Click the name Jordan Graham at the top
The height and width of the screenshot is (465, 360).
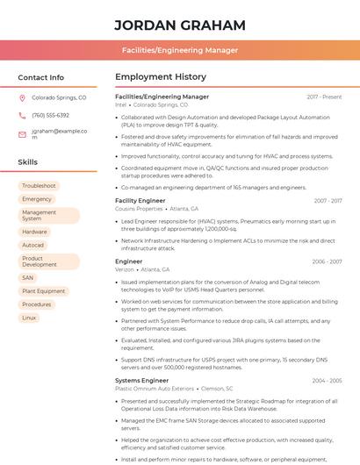[x=180, y=25]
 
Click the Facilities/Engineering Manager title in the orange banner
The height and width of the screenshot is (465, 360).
[x=180, y=51]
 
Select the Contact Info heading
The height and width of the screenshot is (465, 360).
[x=41, y=77]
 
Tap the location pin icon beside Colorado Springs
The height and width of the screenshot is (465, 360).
[x=22, y=98]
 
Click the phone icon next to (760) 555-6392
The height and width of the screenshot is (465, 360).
[x=22, y=116]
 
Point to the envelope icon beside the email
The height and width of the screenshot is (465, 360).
[x=22, y=133]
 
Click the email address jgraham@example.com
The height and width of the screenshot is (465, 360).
[x=60, y=133]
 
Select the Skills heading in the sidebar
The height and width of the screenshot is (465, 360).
[x=28, y=162]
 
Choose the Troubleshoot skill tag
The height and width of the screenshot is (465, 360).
[x=39, y=186]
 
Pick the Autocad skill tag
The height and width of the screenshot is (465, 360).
[x=33, y=245]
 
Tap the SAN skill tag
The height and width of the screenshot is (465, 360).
[x=28, y=277]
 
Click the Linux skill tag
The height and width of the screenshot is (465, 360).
[x=30, y=318]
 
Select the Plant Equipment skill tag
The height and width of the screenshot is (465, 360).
[x=44, y=291]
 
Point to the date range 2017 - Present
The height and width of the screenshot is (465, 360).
[x=324, y=97]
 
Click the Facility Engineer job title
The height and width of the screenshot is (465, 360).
[x=140, y=201]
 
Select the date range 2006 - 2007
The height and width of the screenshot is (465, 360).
[x=326, y=261]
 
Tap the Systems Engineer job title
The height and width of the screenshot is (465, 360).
[x=141, y=381]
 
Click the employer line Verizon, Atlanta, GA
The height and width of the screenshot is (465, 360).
[x=143, y=269]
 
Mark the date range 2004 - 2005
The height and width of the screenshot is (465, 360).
[x=326, y=381]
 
